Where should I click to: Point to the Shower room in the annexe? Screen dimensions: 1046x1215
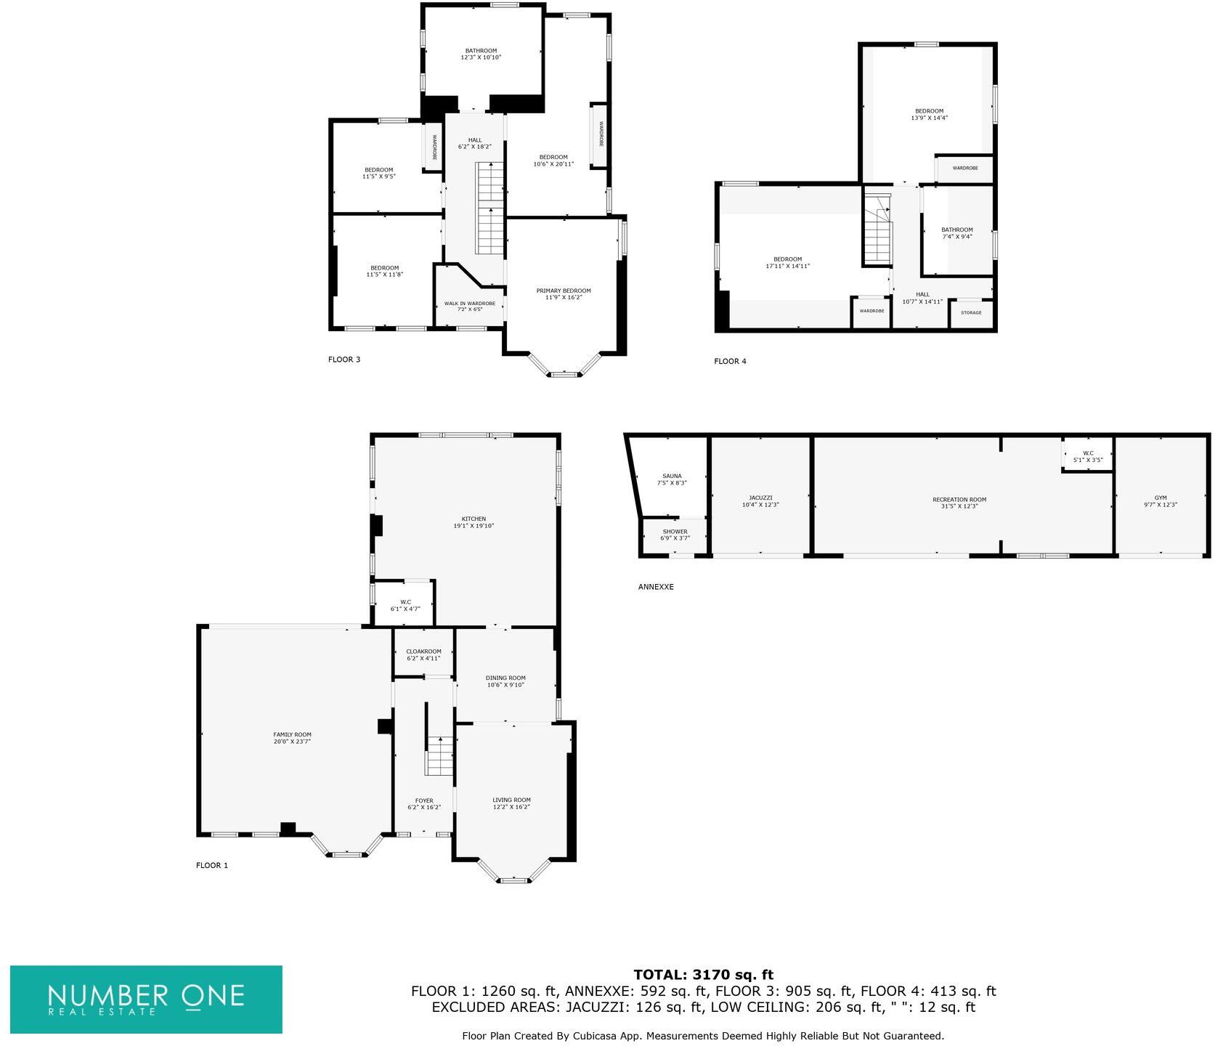pyautogui.click(x=675, y=535)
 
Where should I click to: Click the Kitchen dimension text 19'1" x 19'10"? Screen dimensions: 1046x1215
pyautogui.click(x=474, y=526)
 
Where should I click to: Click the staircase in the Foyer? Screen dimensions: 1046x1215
pyautogui.click(x=439, y=755)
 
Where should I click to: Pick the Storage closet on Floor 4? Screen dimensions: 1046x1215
pyautogui.click(x=971, y=313)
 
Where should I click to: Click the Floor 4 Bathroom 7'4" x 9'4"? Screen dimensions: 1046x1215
pyautogui.click(x=956, y=233)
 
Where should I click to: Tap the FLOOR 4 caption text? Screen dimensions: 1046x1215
pyautogui.click(x=730, y=361)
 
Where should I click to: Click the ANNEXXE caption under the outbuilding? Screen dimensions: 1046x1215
pyautogui.click(x=656, y=587)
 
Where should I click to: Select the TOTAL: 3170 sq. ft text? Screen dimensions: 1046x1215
pyautogui.click(x=703, y=975)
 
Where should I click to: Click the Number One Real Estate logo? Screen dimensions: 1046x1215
pyautogui.click(x=146, y=999)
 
